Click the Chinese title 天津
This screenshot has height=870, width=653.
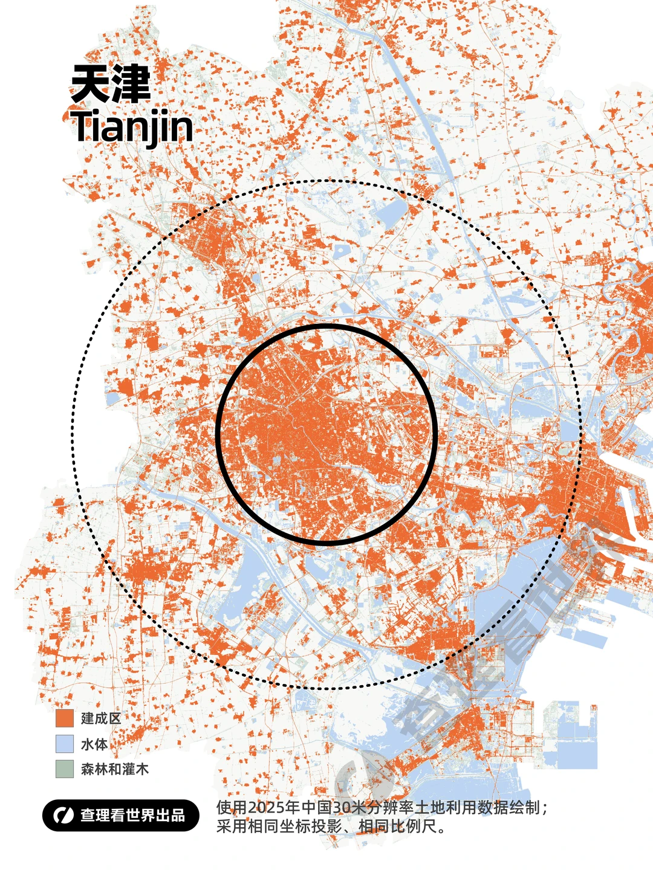click(x=111, y=84)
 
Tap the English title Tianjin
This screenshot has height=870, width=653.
click(x=132, y=127)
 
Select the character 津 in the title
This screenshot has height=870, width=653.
click(x=130, y=84)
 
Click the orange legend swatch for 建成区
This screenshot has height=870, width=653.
click(x=64, y=718)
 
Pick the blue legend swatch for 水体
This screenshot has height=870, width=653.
click(x=64, y=744)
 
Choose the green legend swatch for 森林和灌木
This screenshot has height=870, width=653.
click(x=64, y=769)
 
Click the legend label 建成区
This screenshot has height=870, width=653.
click(x=101, y=718)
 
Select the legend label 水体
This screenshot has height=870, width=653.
click(x=94, y=744)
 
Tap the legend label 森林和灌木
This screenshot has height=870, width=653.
click(x=114, y=769)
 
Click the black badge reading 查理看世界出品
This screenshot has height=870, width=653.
click(x=120, y=815)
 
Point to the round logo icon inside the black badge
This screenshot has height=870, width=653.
click(x=61, y=815)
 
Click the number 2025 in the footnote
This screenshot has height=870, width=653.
click(x=267, y=808)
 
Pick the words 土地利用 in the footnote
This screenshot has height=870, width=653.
click(x=445, y=808)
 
